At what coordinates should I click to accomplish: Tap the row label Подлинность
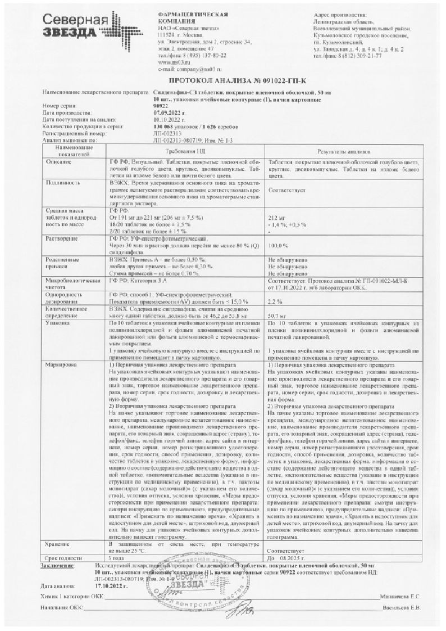point(59,182)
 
